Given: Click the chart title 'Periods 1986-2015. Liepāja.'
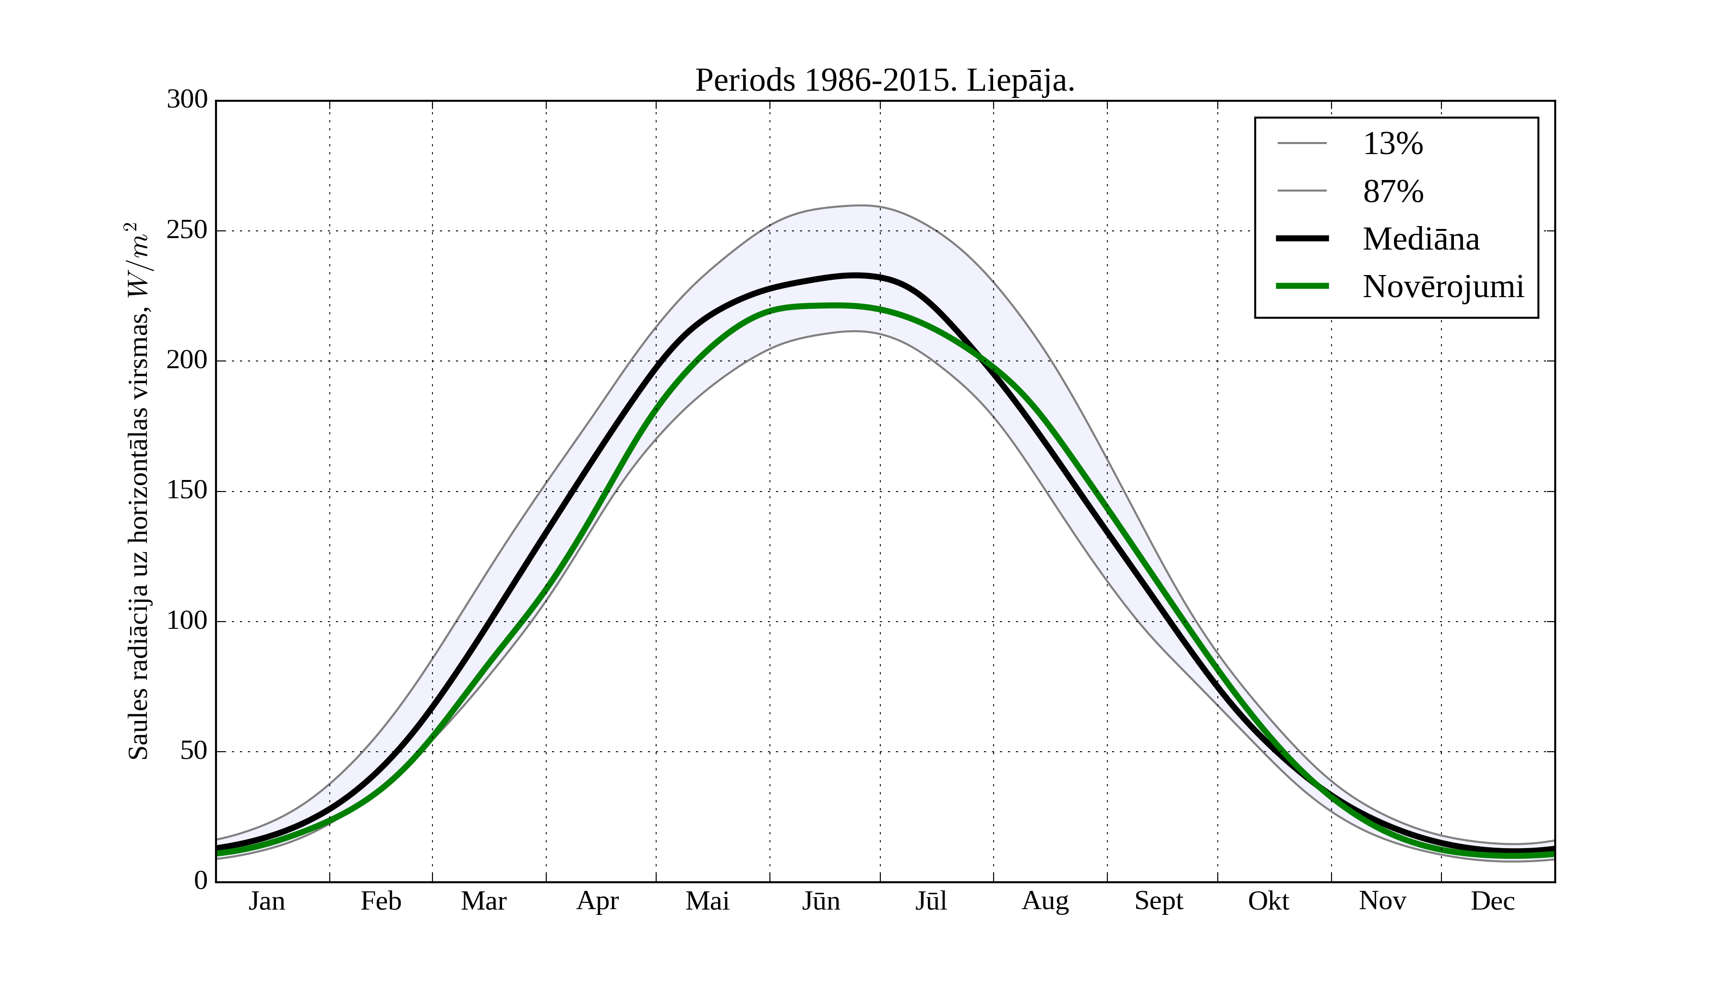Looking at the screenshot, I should (885, 81).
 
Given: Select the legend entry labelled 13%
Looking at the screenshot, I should (1392, 144).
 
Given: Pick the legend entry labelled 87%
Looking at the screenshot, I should (1392, 192).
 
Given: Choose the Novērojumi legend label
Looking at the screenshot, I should (1443, 287).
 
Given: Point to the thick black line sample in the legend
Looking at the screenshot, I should (1301, 239).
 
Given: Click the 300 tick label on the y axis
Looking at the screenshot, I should (187, 99).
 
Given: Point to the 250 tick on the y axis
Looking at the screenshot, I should (187, 230).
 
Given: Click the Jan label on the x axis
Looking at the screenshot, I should (267, 901).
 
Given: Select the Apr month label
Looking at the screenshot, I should (597, 901).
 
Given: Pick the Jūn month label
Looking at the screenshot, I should (821, 901).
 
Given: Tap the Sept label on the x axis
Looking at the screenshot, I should (1159, 901).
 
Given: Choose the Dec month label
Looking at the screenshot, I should (1493, 901).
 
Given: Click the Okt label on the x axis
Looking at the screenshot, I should (1269, 901).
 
